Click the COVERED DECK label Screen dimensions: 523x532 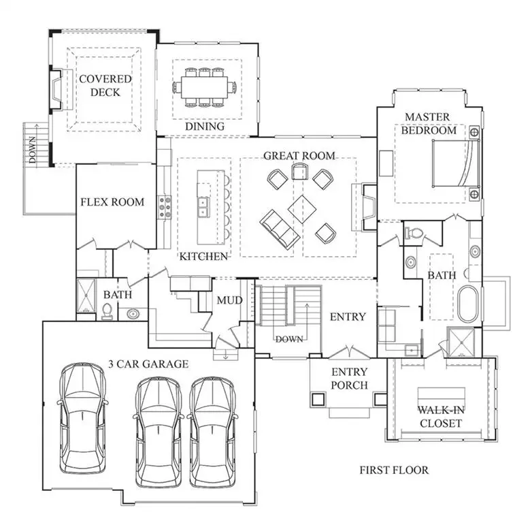click(x=105, y=85)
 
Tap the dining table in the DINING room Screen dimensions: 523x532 click(x=204, y=86)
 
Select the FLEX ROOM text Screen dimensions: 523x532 click(x=112, y=202)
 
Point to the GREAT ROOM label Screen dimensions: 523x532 click(x=299, y=156)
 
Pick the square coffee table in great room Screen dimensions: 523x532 click(x=301, y=208)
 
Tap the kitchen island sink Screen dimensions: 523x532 click(x=203, y=204)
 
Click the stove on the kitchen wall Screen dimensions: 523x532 click(x=164, y=207)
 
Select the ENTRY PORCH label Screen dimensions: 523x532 click(x=349, y=379)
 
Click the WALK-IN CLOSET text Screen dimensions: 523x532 click(x=439, y=417)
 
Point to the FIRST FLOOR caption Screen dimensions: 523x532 click(x=394, y=470)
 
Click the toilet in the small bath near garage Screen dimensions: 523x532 click(x=107, y=311)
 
